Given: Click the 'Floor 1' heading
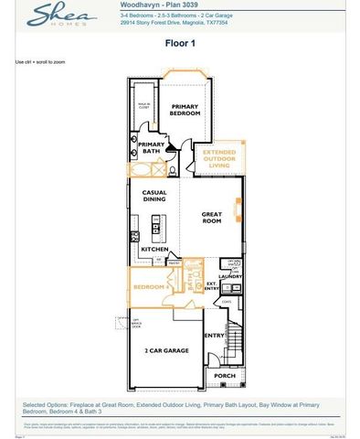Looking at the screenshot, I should [x=180, y=43].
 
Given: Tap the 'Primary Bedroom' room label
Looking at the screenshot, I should [x=185, y=110].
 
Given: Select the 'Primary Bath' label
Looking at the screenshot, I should [x=151, y=147].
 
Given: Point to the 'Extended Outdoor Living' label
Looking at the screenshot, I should [x=219, y=158].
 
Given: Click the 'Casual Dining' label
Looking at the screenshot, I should [x=154, y=195].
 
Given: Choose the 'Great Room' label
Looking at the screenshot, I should [x=211, y=217].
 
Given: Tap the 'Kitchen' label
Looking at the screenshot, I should [x=154, y=249].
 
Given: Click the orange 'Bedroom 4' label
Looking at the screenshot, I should [x=147, y=287].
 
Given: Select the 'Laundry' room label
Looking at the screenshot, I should [x=229, y=275].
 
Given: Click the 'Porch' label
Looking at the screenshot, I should [x=224, y=375].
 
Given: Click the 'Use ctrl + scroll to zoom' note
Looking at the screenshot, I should [x=40, y=62].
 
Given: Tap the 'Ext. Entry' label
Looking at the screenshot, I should [x=213, y=285].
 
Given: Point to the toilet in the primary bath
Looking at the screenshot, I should [x=171, y=169].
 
